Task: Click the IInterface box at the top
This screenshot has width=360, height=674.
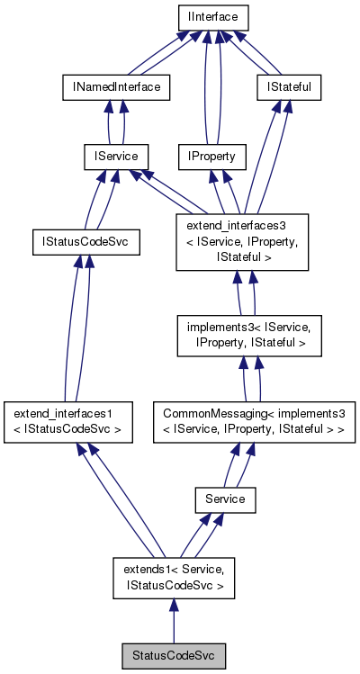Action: [x=211, y=17]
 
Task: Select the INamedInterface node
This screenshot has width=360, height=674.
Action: [x=116, y=87]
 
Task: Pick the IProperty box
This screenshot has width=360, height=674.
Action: [x=211, y=157]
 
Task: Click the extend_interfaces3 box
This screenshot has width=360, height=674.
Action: [x=244, y=242]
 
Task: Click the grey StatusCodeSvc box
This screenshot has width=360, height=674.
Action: [x=173, y=655]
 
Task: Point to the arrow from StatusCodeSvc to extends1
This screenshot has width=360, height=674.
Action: [x=173, y=621]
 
